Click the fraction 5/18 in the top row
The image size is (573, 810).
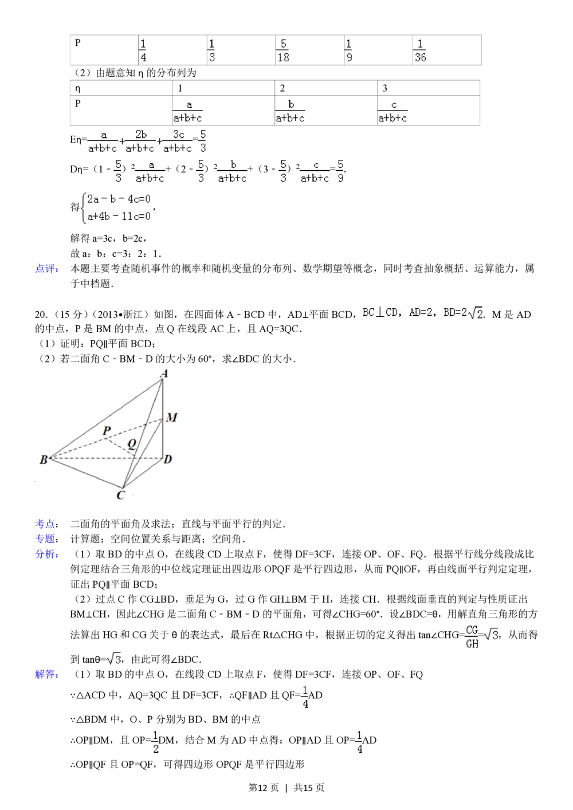(x=282, y=50)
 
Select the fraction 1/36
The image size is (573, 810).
(x=419, y=50)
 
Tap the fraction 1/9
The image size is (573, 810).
(x=348, y=50)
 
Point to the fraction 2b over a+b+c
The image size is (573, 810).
(x=140, y=141)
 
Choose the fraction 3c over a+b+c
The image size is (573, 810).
(x=178, y=141)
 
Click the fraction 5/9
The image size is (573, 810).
(x=340, y=171)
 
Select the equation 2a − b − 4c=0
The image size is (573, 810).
(x=119, y=199)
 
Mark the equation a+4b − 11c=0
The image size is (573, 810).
(x=119, y=217)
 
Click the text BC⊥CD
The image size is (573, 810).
(x=380, y=313)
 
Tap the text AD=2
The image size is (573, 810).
(x=422, y=313)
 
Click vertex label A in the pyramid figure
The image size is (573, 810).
(x=164, y=374)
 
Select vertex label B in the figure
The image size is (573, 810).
(x=43, y=459)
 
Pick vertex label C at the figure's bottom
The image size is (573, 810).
(x=120, y=495)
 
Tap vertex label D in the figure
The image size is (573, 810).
(x=168, y=459)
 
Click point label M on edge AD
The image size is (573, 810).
(x=171, y=418)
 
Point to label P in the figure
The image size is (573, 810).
(x=107, y=430)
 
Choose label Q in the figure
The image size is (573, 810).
(x=131, y=443)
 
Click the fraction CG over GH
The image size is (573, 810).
(x=471, y=636)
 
